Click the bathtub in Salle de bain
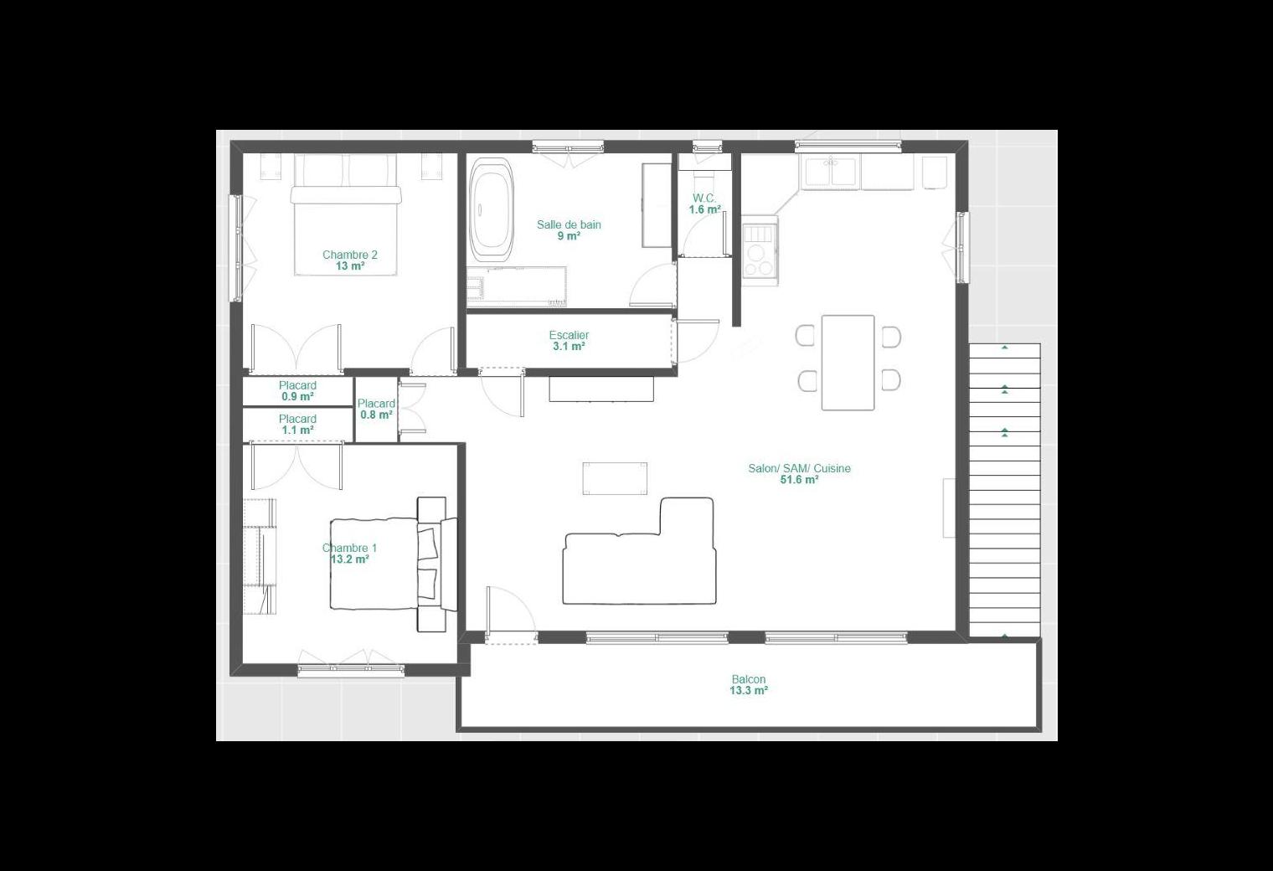click(492, 210)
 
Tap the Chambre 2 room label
click(349, 255)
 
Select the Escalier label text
click(569, 335)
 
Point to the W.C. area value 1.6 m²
click(704, 209)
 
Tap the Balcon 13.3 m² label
click(749, 684)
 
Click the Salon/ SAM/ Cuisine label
click(799, 468)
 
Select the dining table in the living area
click(848, 363)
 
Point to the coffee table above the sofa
click(615, 478)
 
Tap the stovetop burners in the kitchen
click(760, 250)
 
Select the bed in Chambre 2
click(346, 214)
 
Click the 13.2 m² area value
click(349, 559)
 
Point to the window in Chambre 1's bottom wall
click(351, 671)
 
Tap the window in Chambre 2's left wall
click(235, 248)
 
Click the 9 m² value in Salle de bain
click(569, 236)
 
